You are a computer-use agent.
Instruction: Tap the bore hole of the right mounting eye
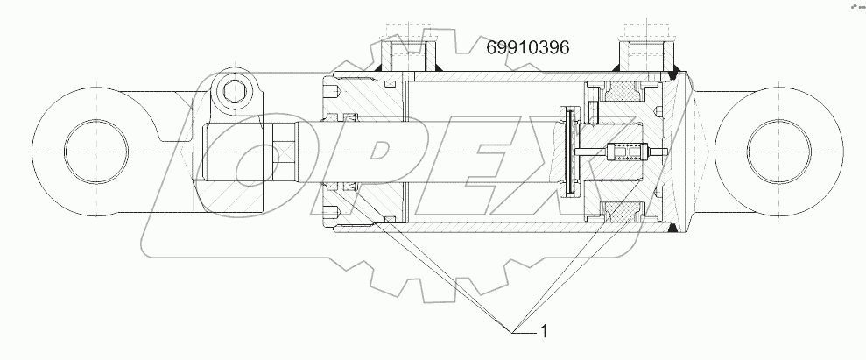pos(778,145)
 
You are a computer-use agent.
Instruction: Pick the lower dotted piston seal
pos(618,210)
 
